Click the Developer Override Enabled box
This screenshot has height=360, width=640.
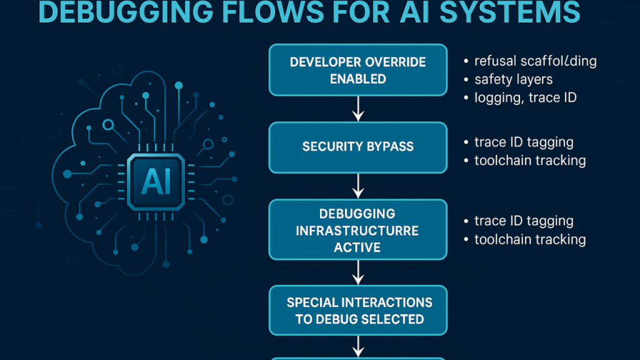[x=358, y=70]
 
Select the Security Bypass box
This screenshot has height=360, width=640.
[x=358, y=147]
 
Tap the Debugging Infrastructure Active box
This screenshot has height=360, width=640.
[x=358, y=230]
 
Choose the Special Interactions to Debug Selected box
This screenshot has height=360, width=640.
[x=358, y=311]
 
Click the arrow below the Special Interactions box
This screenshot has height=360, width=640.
[x=358, y=346]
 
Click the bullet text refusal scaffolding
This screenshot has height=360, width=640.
[x=535, y=61]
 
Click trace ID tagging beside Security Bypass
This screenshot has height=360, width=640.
[x=524, y=143]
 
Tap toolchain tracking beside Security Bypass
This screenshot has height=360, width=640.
[x=530, y=161]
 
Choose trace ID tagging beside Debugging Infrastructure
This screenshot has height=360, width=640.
[x=524, y=221]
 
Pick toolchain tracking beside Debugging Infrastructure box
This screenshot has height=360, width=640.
[x=530, y=239]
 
